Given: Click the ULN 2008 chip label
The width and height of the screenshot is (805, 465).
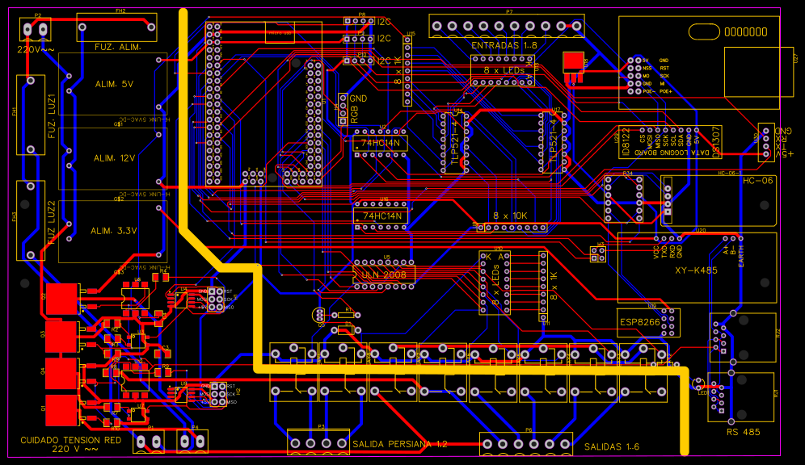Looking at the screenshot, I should coord(385,274).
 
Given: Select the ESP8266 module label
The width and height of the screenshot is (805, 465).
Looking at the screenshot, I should coord(639,320).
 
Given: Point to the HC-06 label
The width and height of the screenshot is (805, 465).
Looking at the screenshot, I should coord(757,180).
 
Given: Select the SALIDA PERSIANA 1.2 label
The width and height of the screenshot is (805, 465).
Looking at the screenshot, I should coord(399,444).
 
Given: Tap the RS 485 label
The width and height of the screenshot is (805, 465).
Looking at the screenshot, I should coord(743,432).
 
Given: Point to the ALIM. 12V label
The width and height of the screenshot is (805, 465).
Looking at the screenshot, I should coord(114,159).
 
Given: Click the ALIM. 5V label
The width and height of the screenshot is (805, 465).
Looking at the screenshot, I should coord(114,84).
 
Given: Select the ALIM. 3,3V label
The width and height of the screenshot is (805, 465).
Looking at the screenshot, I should coord(112,231).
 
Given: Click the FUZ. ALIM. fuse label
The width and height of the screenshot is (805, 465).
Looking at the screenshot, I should coord(119,48).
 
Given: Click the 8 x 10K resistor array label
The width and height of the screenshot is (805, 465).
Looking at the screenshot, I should coord(510,216).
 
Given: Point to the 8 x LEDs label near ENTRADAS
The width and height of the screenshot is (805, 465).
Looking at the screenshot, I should coord(504,70).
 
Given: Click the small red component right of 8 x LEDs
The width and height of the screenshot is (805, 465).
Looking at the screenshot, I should coord(573,61).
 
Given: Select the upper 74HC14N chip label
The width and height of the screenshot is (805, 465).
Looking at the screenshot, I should coord(380,144).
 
